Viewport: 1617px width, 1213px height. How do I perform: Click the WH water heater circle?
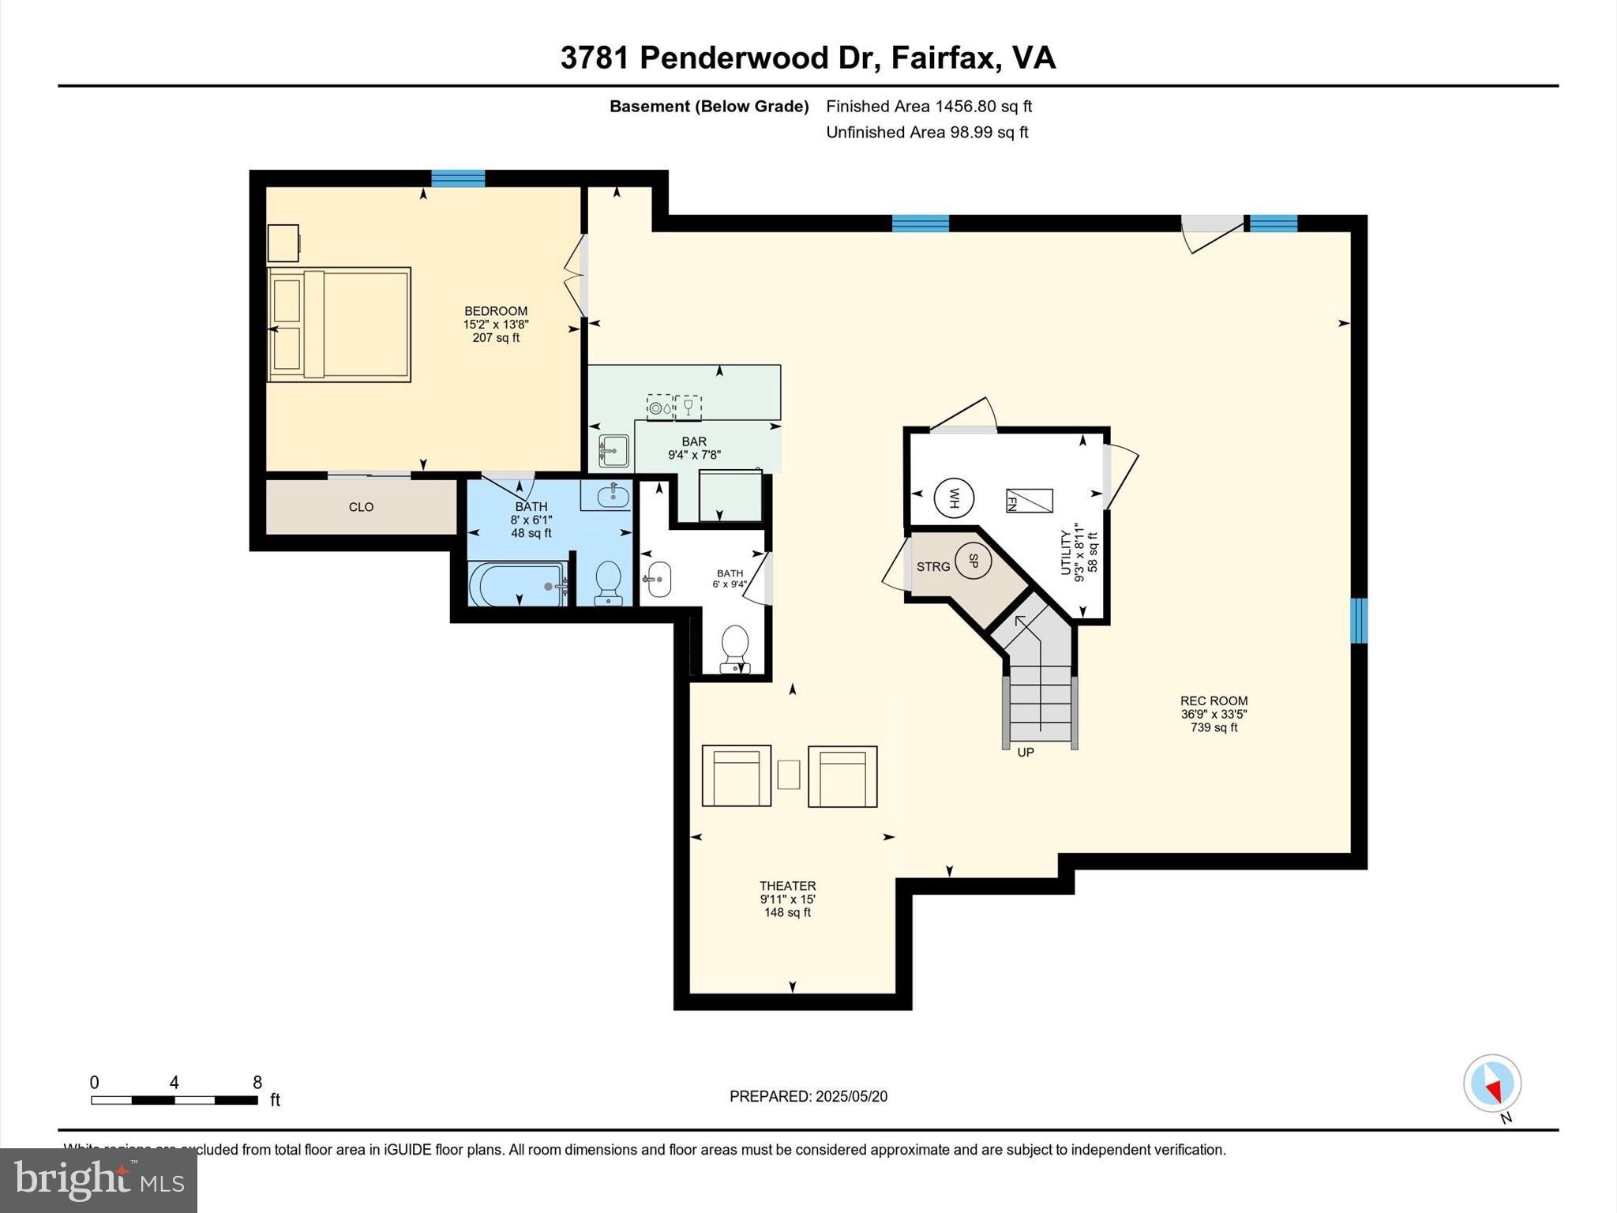click(x=954, y=498)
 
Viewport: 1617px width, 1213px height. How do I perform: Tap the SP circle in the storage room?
click(x=973, y=561)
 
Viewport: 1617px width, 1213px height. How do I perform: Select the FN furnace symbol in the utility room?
click(x=1029, y=501)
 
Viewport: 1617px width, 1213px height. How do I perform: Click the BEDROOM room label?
click(x=496, y=311)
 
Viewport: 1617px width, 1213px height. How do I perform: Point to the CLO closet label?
click(x=361, y=507)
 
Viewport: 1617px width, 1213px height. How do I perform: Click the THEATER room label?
click(x=787, y=886)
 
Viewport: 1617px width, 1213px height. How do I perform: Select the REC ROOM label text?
click(x=1214, y=700)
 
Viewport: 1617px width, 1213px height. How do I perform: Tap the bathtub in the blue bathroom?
click(x=518, y=585)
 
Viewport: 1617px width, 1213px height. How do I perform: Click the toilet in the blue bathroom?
click(x=608, y=583)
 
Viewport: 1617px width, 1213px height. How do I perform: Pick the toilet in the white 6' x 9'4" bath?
click(x=735, y=648)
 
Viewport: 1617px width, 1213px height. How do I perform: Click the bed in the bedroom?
click(x=339, y=325)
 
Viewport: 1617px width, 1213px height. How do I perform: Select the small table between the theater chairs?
click(x=788, y=774)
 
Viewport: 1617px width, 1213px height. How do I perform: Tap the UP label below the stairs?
click(x=1025, y=753)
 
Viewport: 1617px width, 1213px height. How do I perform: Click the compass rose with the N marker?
click(x=1491, y=1083)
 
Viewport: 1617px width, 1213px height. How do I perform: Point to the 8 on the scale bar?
click(x=257, y=1083)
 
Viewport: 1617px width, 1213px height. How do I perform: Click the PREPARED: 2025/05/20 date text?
click(x=808, y=1096)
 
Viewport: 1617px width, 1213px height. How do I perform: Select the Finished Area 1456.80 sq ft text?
click(x=929, y=107)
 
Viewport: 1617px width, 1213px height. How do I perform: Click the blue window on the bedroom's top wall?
click(x=458, y=178)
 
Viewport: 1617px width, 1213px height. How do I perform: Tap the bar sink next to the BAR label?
click(x=613, y=451)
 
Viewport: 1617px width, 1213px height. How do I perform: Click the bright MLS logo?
click(x=99, y=1180)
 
